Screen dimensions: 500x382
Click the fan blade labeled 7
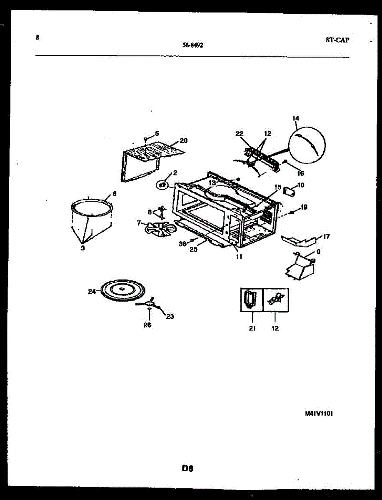tap(156, 230)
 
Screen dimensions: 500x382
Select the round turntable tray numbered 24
tap(123, 289)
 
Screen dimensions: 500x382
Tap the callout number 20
tap(184, 140)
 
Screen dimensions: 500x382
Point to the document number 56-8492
tap(193, 45)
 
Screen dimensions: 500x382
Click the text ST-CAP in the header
tap(337, 40)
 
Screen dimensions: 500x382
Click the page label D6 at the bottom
tap(188, 468)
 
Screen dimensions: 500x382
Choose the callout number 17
tap(326, 237)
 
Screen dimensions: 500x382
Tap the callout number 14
tap(296, 118)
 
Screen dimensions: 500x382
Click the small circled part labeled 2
tap(162, 184)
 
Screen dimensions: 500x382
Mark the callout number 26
tap(147, 325)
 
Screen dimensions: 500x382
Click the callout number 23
tap(170, 316)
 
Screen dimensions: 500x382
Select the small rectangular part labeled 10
tap(288, 192)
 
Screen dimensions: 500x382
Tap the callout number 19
tap(304, 207)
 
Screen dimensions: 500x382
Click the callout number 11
tap(239, 257)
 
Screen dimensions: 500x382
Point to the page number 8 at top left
tap(37, 37)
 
